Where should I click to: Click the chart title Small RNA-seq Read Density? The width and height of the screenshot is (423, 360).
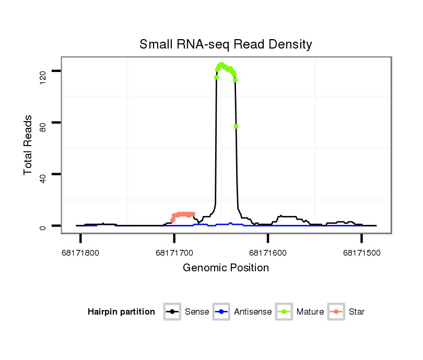226,44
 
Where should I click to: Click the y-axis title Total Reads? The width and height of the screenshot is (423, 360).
28,145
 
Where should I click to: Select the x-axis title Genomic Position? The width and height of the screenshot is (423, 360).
226,268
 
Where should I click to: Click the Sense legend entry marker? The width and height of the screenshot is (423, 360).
172,312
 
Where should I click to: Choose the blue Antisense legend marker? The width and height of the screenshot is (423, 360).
221,312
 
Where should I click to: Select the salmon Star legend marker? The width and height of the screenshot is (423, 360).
336,312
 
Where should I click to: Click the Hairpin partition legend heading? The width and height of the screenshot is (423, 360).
121,312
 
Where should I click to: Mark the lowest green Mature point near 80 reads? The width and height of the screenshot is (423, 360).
236,126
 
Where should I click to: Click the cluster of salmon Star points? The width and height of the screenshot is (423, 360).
183,214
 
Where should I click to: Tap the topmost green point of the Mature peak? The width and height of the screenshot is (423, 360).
221,65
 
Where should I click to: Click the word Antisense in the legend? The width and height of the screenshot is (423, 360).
253,312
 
